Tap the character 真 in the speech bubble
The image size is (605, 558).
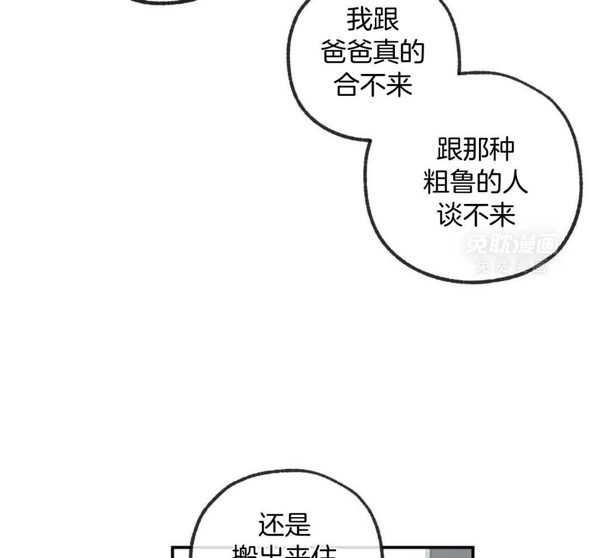[387, 53]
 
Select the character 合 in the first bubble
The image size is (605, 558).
[347, 86]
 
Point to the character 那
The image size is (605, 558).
[476, 150]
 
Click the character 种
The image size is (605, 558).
[501, 150]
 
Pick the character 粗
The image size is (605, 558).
[436, 183]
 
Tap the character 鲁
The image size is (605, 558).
[463, 183]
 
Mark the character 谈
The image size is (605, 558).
[450, 216]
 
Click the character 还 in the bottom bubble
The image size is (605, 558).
[271, 526]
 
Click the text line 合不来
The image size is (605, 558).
[373, 86]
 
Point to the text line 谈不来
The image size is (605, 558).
[476, 216]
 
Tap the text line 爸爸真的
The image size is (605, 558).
[373, 53]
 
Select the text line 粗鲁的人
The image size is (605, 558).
[476, 183]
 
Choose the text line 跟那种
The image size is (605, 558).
[476, 150]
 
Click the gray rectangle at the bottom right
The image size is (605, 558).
[451, 553]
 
